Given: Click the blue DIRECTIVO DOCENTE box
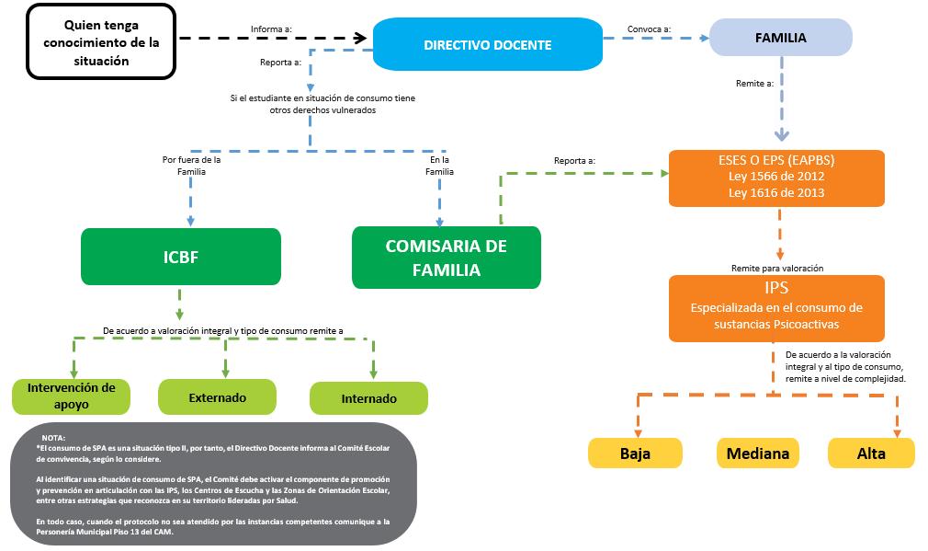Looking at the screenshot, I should (x=487, y=44).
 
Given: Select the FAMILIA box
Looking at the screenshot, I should (x=780, y=39).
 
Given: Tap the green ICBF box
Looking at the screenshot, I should (x=180, y=258).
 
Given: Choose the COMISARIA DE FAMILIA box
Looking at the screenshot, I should (x=447, y=258).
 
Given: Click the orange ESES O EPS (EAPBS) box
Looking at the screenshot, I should (x=777, y=177).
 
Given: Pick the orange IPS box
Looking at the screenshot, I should (x=776, y=306).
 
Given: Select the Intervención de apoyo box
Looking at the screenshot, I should (x=71, y=395).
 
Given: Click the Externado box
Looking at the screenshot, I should (x=217, y=397).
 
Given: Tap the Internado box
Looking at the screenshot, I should (x=368, y=398).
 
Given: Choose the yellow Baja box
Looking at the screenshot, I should (x=635, y=453).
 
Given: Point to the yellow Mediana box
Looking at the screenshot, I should (x=757, y=453).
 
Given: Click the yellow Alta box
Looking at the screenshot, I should (x=871, y=453).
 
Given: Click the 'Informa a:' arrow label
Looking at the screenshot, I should (x=271, y=29).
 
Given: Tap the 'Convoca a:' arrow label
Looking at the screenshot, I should (x=650, y=29).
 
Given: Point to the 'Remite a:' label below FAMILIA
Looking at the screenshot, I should (x=754, y=83).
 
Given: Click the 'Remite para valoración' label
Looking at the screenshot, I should (x=776, y=268).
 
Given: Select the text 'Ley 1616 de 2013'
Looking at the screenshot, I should (x=777, y=193).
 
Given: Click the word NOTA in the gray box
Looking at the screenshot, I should (x=54, y=437).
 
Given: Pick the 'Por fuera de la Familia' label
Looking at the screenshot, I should (x=191, y=165).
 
